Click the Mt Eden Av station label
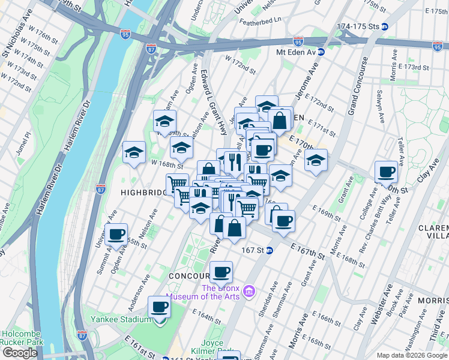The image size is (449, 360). [x=295, y=52]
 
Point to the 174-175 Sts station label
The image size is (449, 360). [x=358, y=27]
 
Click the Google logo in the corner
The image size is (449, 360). [x=20, y=353]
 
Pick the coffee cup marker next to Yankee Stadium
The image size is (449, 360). [x=159, y=307]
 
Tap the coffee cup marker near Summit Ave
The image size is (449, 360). [x=116, y=235]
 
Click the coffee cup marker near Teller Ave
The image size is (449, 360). [x=386, y=172]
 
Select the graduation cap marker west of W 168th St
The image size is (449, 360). [x=134, y=152]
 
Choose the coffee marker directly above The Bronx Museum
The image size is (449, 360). [x=221, y=272]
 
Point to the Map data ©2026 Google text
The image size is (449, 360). [x=412, y=355]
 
